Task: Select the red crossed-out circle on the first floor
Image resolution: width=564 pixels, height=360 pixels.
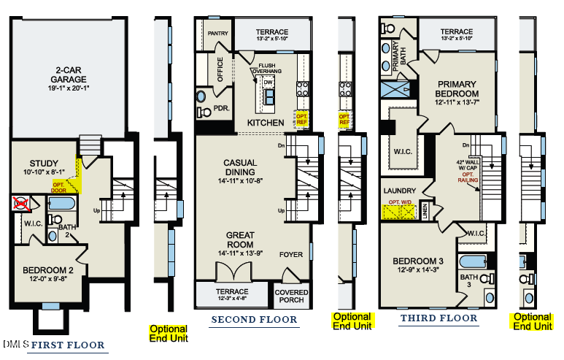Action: [x=21, y=203]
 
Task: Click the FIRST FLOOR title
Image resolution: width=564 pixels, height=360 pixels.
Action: [x=69, y=345]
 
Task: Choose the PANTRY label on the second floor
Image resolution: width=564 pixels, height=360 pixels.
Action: [x=218, y=34]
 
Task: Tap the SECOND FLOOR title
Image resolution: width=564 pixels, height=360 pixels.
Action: [x=254, y=320]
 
